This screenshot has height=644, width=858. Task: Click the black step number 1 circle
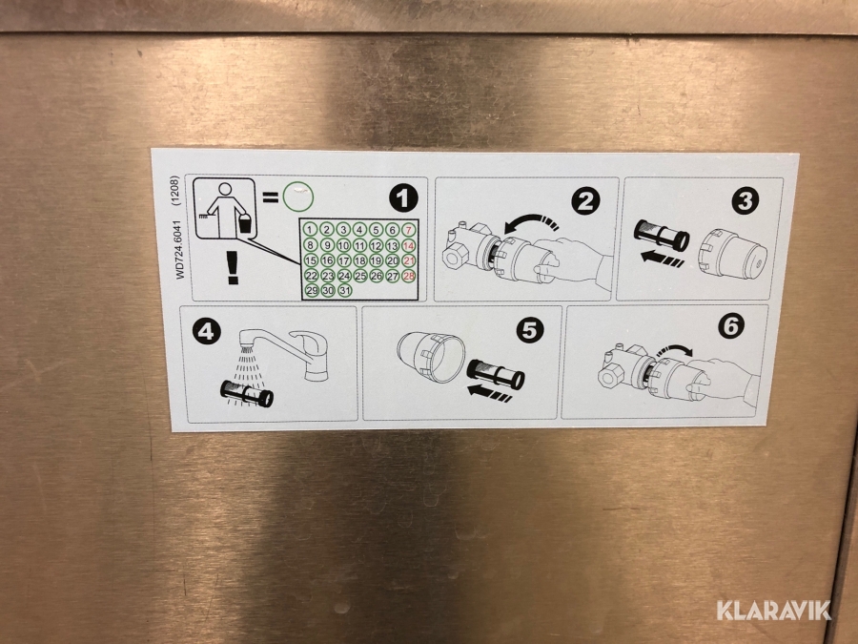point(403,198)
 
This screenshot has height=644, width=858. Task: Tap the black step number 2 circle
point(585,201)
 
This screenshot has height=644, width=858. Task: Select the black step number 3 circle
point(746,200)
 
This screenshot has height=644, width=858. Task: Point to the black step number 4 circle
point(207,331)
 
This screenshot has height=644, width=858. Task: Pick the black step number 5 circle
point(530,329)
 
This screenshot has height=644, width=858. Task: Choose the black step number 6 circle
point(731,326)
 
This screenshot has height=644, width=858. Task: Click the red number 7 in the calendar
point(408,229)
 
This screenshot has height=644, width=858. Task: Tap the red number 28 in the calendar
point(409,276)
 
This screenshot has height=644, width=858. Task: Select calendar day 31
point(345,290)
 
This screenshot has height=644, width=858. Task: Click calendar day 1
point(310,229)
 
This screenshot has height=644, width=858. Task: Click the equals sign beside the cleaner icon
point(270,197)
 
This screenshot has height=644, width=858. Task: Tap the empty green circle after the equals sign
point(298,197)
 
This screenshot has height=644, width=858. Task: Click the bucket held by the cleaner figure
point(246,223)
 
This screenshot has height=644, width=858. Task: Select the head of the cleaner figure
point(224,190)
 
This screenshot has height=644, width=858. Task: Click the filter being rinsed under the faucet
point(247,394)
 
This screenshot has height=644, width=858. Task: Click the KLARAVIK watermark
point(773,610)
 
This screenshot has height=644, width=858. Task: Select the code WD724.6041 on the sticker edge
point(180,249)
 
